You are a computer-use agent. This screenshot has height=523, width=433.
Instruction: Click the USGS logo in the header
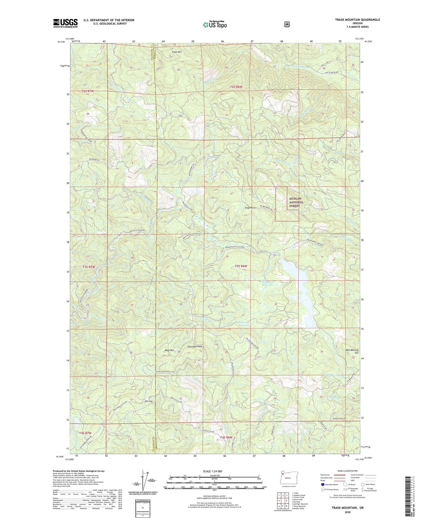65,23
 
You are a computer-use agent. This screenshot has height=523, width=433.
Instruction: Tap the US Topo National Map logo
215,24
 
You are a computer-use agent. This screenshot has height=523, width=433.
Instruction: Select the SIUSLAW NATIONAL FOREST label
296,202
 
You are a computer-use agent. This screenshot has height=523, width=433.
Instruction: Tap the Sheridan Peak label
195,347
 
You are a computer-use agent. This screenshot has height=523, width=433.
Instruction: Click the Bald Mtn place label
170,350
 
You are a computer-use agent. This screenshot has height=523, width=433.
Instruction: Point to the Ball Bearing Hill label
352,351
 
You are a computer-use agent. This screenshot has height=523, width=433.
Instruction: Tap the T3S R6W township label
241,266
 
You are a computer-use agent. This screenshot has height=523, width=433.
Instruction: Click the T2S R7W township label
87,91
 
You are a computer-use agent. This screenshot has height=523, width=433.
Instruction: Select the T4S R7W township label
85,433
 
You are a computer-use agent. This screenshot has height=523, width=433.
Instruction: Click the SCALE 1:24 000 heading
212,471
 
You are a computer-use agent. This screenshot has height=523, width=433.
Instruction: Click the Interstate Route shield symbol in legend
322,484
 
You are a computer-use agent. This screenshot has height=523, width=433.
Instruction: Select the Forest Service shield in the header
287,24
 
